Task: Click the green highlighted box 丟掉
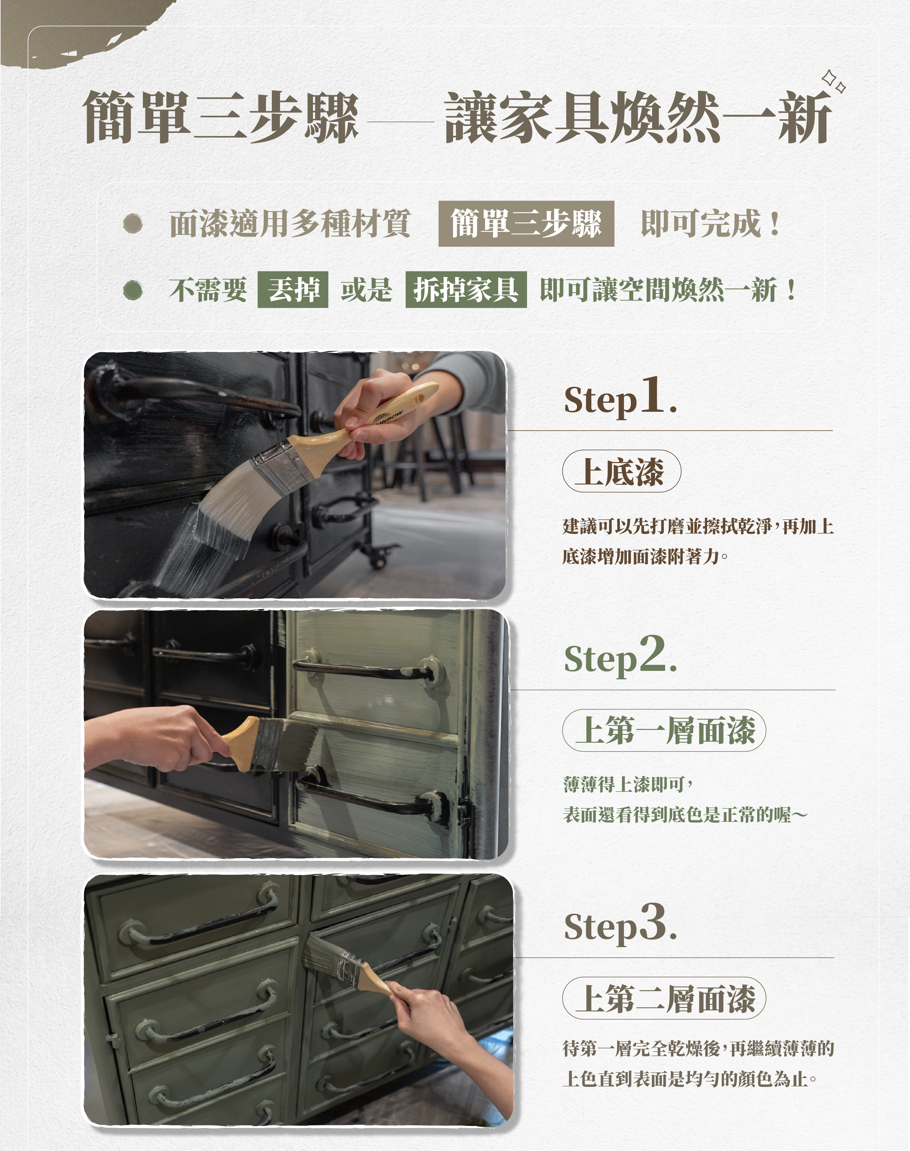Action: pos(292,290)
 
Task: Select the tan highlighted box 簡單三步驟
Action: pos(526,224)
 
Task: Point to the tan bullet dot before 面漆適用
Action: pos(132,224)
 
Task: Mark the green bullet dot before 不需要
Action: pos(132,290)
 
